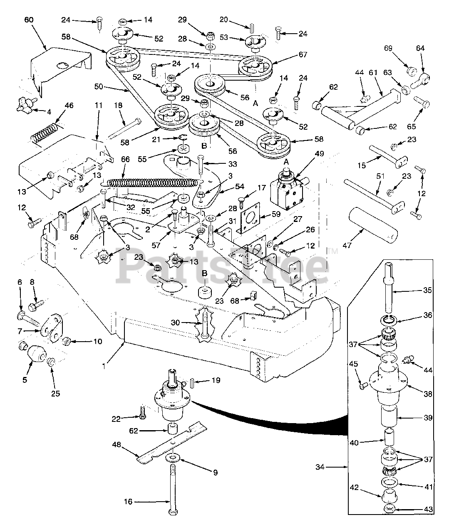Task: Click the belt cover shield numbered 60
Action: [x=62, y=66]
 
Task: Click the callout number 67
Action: [x=303, y=54]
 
